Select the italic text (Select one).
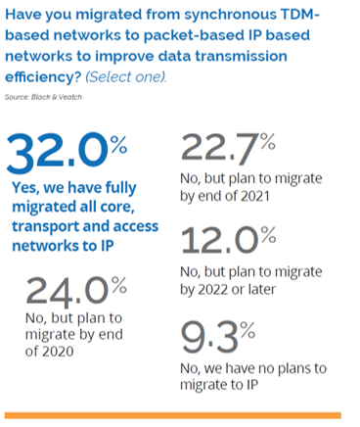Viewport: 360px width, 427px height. click(126, 77)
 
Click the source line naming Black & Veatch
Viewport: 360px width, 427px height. click(43, 97)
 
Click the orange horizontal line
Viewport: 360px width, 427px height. click(173, 415)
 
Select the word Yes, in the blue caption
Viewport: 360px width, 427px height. click(25, 188)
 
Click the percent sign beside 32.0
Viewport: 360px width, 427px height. click(118, 145)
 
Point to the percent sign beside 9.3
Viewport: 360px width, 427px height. click(247, 330)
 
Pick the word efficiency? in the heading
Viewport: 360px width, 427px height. click(43, 77)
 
